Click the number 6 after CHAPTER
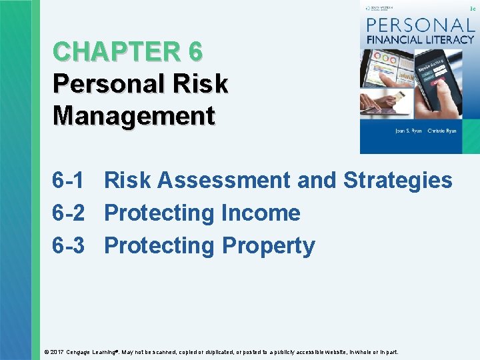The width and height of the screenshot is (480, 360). pos(195,52)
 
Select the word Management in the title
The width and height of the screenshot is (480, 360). pos(133,115)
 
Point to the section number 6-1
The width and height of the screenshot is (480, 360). pos(69,180)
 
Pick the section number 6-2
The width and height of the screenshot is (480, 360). pos(69,213)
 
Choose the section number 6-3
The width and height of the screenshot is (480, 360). pos(69,245)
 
